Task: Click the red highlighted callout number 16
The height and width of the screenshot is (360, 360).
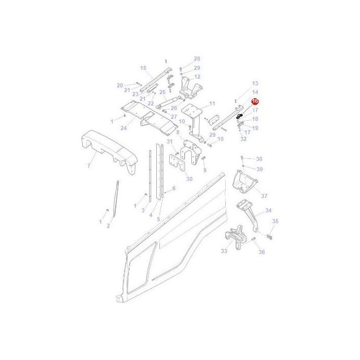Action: pyautogui.click(x=255, y=102)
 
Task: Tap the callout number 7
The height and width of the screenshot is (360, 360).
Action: pyautogui.click(x=88, y=166)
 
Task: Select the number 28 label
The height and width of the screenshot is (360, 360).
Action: pyautogui.click(x=197, y=59)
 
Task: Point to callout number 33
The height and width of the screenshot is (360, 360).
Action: pyautogui.click(x=224, y=251)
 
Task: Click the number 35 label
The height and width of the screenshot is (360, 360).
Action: pyautogui.click(x=275, y=221)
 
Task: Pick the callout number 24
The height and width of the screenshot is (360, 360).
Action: pyautogui.click(x=123, y=128)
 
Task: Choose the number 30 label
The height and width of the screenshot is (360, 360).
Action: pyautogui.click(x=189, y=179)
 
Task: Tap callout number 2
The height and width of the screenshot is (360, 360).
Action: pyautogui.click(x=109, y=226)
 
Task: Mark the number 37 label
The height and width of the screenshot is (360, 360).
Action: pyautogui.click(x=264, y=196)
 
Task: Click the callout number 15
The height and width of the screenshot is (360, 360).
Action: pyautogui.click(x=143, y=68)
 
